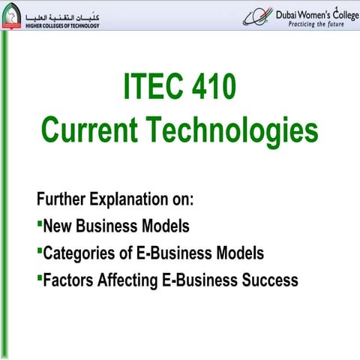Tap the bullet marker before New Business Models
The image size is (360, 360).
39,223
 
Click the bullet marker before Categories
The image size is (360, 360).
39,250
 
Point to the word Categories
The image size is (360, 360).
80,254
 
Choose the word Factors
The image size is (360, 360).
70,280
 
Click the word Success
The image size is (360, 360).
268,280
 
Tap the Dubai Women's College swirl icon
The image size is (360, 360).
257,16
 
